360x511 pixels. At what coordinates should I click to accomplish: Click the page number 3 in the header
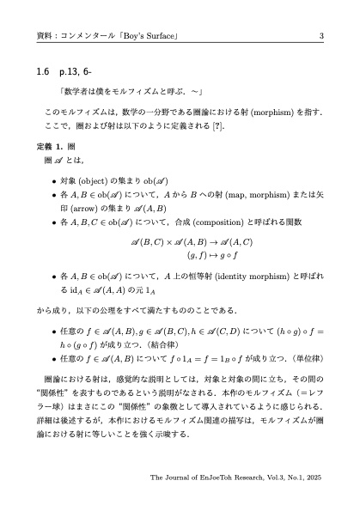tap(320, 35)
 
